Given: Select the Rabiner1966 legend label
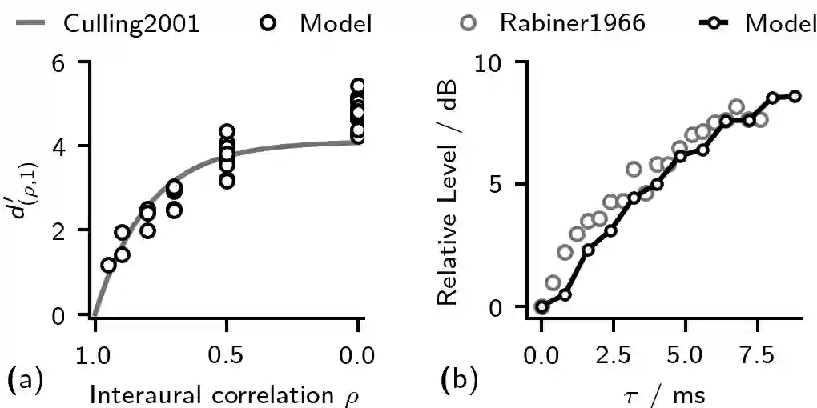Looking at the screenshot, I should coord(572,23).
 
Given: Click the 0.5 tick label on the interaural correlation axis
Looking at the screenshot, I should coord(227,352).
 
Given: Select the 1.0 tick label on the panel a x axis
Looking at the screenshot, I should coord(95,352).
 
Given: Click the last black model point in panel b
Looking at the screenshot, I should coord(795,96).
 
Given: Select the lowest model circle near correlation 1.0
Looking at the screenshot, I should coord(108,265).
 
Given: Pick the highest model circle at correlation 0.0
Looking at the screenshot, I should coord(358,86).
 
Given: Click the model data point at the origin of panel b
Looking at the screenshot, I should coord(541,306).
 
